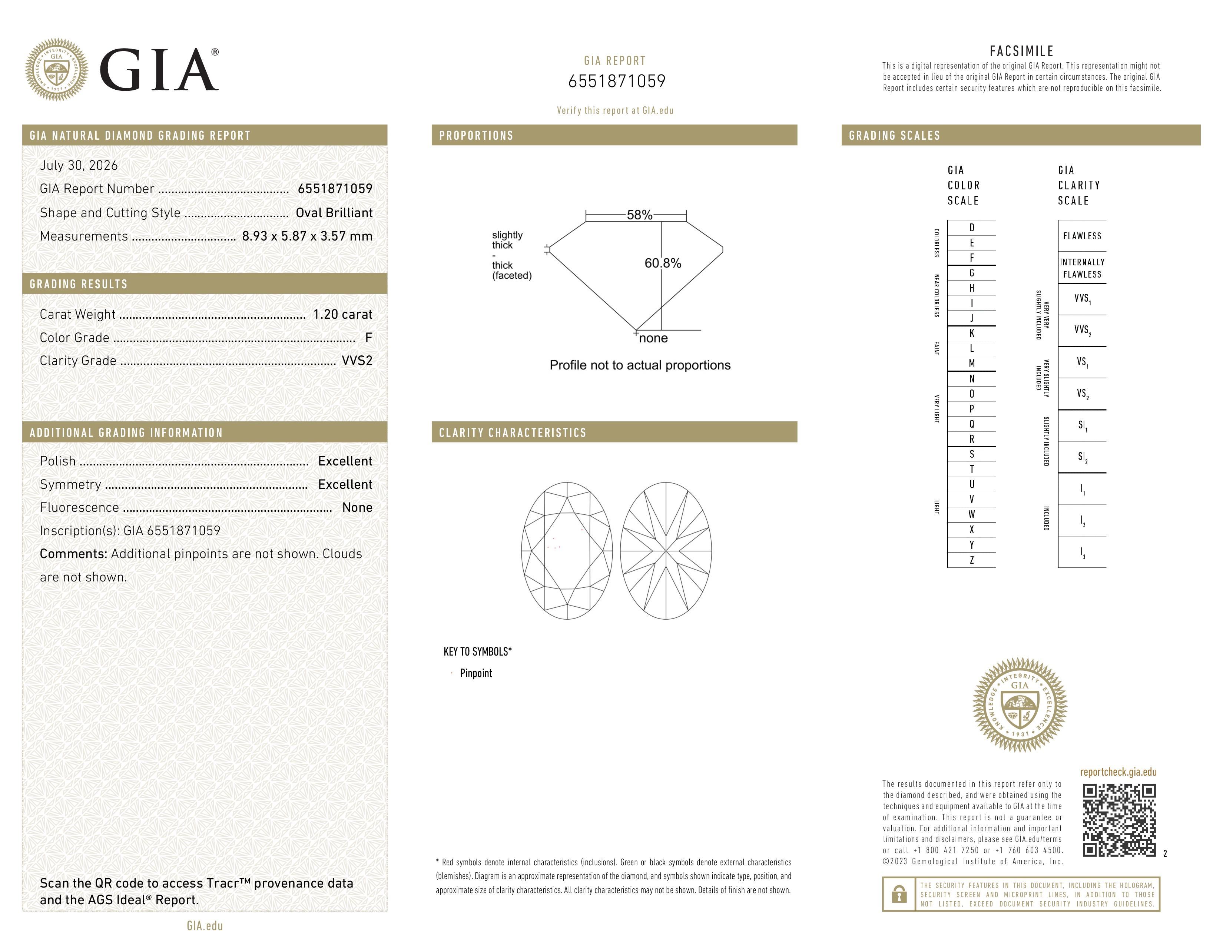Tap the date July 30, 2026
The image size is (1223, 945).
coord(79,165)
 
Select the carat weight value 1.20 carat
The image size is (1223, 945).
coord(343,314)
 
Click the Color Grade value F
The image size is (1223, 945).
coord(368,338)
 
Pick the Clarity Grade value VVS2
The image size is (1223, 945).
coord(357,361)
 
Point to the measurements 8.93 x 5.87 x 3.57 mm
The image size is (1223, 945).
coord(308,236)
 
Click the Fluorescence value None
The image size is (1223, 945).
coord(357,507)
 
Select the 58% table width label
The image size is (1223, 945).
coord(640,215)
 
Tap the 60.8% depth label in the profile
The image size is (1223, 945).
coord(663,263)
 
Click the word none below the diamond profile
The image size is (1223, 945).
coord(653,338)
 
